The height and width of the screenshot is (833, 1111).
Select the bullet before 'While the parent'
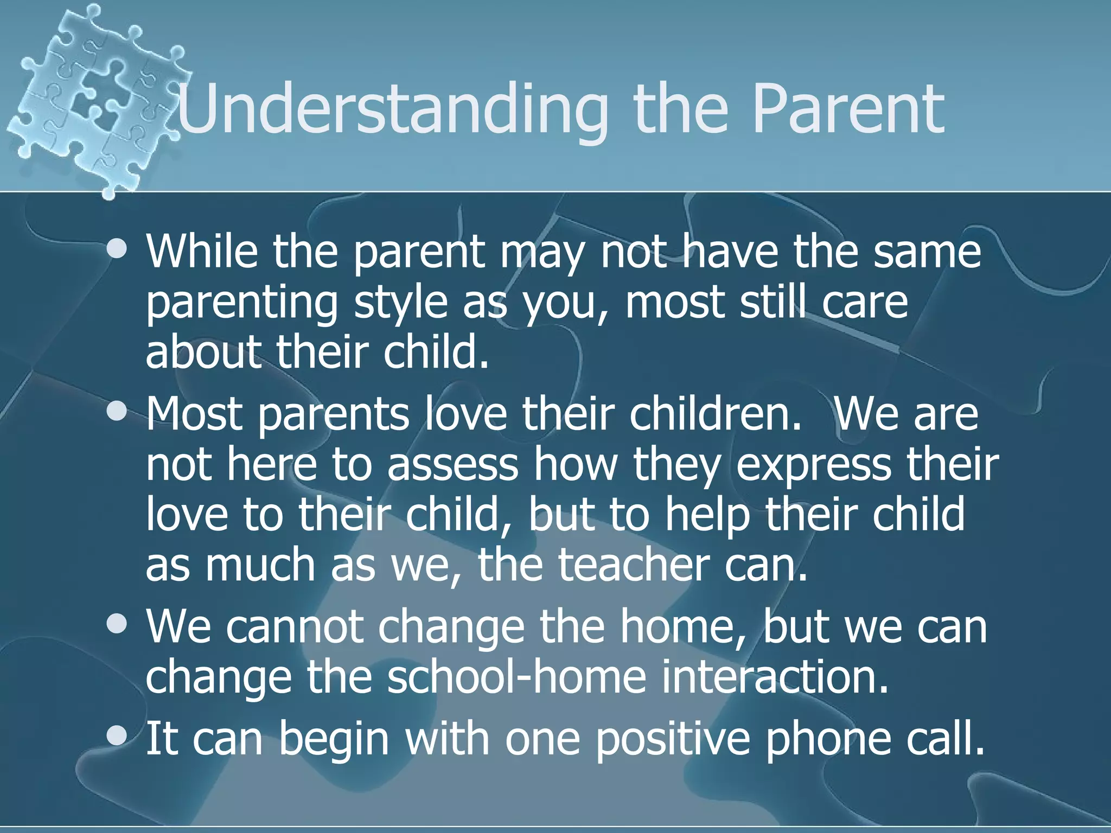pyautogui.click(x=117, y=250)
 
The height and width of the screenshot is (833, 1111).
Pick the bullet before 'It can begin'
pyautogui.click(x=117, y=737)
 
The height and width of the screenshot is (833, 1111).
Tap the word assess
pyautogui.click(x=452, y=465)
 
